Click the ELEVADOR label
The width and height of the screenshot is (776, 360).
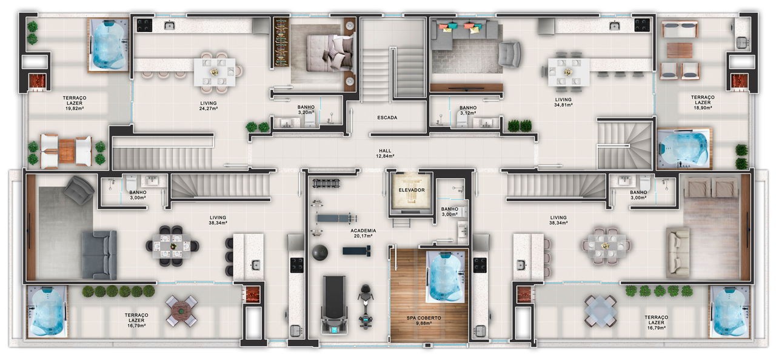[x=411, y=190]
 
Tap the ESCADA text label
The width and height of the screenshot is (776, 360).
[x=387, y=118]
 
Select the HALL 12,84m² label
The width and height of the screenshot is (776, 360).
[x=385, y=153]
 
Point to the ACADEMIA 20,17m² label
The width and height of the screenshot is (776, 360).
[x=363, y=233]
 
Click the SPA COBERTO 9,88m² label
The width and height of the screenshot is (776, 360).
[x=424, y=321]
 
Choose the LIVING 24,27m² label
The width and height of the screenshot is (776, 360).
[x=208, y=105]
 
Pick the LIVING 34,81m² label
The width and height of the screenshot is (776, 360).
[x=563, y=102]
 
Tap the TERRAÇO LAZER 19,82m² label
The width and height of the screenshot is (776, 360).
[x=75, y=103]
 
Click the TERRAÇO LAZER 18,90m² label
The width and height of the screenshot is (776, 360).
[x=703, y=102]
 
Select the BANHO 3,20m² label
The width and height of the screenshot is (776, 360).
[x=306, y=110]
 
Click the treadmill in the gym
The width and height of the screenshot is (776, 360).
[x=334, y=305]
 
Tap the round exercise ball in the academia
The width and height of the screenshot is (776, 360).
[x=319, y=252]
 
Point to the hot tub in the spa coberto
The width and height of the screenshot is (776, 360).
[x=445, y=277]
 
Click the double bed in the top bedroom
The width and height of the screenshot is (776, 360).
[x=329, y=54]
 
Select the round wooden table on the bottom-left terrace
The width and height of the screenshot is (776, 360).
[x=181, y=311]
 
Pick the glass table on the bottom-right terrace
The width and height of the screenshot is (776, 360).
[x=600, y=311]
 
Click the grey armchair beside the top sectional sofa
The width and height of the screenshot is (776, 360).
[x=509, y=54]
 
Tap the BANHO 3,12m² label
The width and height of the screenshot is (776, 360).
[x=468, y=110]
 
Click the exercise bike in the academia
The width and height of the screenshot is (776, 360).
[x=365, y=307]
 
